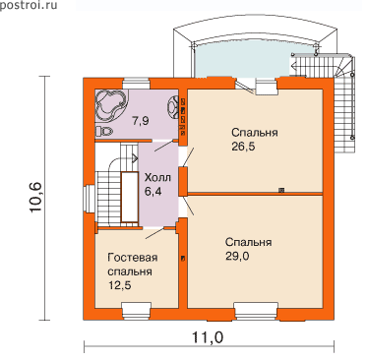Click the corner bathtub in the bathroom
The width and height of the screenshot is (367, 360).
tap(111, 105)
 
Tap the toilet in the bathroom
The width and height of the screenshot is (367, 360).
tap(103, 132)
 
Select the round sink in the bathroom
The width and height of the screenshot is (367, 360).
tap(172, 107)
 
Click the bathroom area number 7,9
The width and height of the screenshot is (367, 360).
tap(141, 121)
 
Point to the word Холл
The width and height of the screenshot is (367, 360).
tap(157, 178)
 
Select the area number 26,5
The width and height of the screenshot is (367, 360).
tap(243, 147)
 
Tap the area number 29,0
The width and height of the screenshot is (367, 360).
tap(237, 256)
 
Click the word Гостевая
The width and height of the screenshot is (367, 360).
tap(133, 258)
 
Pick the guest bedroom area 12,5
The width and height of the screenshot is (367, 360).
tap(119, 285)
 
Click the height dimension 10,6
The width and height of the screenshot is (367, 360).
tap(35, 197)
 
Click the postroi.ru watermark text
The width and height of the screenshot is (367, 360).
tap(29, 5)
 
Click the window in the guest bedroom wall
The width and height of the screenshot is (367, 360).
tap(136, 310)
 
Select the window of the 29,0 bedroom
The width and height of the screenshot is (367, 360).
tap(256, 311)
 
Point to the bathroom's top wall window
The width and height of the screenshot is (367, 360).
tap(137, 84)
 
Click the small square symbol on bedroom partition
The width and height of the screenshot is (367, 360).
tap(281, 190)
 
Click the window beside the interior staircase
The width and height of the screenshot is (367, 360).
tap(89, 199)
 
